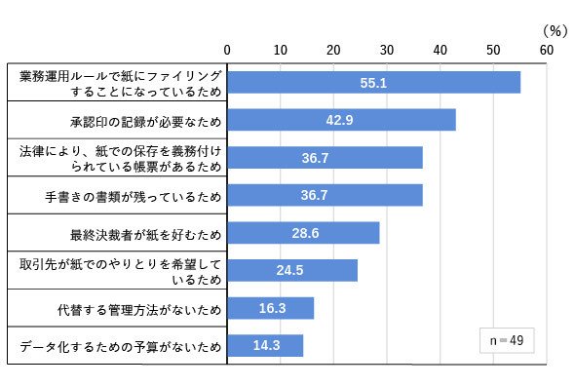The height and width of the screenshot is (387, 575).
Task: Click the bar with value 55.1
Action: [x=373, y=82]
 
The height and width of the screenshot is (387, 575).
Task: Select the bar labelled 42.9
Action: [x=341, y=120]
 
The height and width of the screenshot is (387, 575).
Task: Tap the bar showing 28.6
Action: [x=303, y=233]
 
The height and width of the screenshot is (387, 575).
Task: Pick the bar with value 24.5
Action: [x=292, y=270]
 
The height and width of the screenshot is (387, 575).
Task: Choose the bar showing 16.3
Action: [x=271, y=308]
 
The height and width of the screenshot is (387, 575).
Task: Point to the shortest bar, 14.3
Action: [x=265, y=345]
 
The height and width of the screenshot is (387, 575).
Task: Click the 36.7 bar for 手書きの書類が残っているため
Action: [x=325, y=195]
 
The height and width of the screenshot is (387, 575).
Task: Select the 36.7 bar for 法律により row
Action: [x=325, y=157]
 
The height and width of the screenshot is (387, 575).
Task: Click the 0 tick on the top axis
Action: [x=227, y=50]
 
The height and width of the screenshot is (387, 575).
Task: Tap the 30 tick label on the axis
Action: [x=387, y=50]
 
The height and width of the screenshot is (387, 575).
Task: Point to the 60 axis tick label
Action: [x=547, y=50]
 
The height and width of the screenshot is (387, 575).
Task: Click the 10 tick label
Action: [x=280, y=50]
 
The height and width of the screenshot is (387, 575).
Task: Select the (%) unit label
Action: [x=556, y=31]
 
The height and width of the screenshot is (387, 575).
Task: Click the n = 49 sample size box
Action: [x=507, y=340]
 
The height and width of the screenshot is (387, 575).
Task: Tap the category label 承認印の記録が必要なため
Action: [x=146, y=122]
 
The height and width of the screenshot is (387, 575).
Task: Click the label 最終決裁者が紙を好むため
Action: [x=146, y=234]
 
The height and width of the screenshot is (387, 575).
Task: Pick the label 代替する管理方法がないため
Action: [x=139, y=310]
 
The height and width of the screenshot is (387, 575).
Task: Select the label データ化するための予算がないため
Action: [x=121, y=347]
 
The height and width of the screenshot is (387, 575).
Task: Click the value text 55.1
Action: [x=373, y=83]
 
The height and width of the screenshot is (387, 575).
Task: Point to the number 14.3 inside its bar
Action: [x=267, y=345]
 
